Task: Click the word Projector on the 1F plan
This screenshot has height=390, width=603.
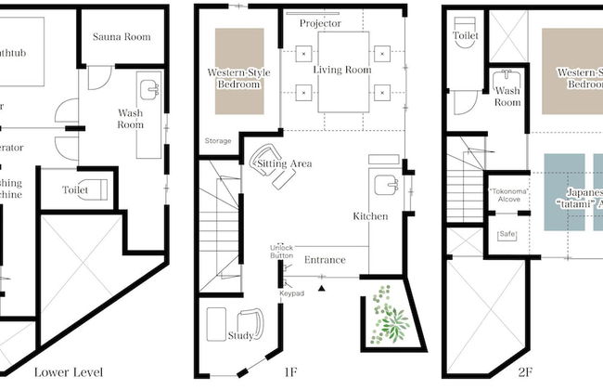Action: coord(320,22)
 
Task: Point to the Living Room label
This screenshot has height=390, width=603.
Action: coord(340,70)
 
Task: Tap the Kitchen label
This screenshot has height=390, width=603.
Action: coord(370,216)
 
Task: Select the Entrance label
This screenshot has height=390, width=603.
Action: coord(325,260)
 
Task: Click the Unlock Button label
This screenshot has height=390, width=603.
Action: coord(282,252)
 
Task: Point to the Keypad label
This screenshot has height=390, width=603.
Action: coord(291,293)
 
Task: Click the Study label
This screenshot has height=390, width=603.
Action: coord(241,335)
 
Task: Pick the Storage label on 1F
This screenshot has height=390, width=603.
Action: coord(219,141)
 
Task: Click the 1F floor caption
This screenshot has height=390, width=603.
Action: coord(290,373)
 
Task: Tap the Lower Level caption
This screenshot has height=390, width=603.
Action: coord(68,373)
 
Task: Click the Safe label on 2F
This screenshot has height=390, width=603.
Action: coord(507,234)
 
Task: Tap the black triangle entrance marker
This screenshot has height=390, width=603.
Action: coord(322,289)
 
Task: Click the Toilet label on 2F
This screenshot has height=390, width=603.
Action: coord(466,35)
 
